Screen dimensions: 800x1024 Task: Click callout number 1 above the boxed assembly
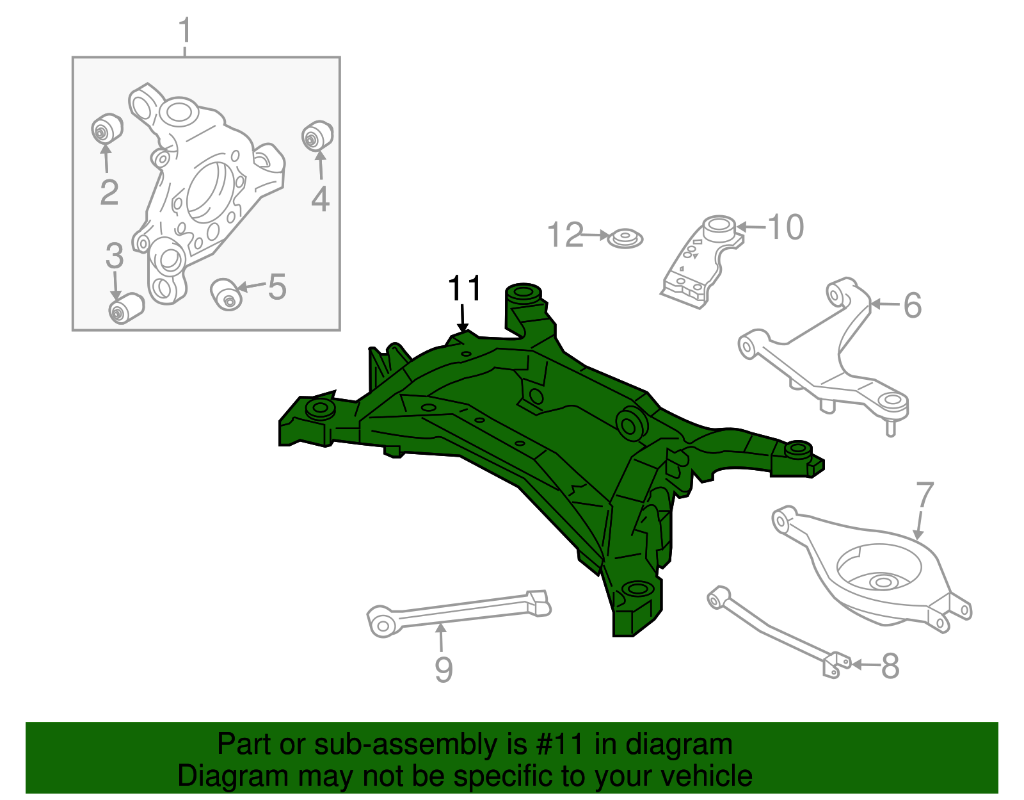coord(184,31)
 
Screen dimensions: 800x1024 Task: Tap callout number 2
coord(109,192)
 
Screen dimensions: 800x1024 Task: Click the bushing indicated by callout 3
coord(125,308)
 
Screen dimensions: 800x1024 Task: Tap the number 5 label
coord(277,287)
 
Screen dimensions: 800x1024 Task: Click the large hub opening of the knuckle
coord(209,191)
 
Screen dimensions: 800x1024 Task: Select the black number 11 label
coord(465,289)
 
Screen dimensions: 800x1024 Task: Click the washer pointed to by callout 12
coord(625,239)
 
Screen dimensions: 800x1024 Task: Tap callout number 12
coord(566,235)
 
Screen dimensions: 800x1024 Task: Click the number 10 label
coord(785,227)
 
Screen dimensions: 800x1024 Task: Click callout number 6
coord(913,306)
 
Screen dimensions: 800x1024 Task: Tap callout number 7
coord(925,496)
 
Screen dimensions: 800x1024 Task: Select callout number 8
coord(890,666)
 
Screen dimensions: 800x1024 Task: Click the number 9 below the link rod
coord(444,670)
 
